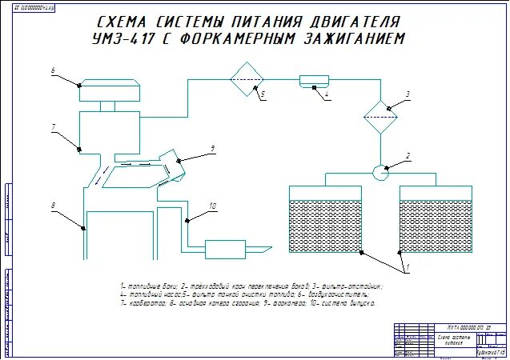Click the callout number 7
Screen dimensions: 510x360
pos(52,127)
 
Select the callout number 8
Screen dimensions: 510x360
pos(53,206)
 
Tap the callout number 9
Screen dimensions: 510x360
pos(213,148)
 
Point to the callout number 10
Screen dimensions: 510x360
pos(212,206)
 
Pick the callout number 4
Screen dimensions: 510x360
pos(327,94)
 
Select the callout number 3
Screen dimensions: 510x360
pos(407,94)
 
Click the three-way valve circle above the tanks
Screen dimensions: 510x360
pos(380,170)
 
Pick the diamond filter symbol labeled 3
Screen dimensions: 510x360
pos(380,118)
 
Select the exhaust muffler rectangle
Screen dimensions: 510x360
pos(230,249)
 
